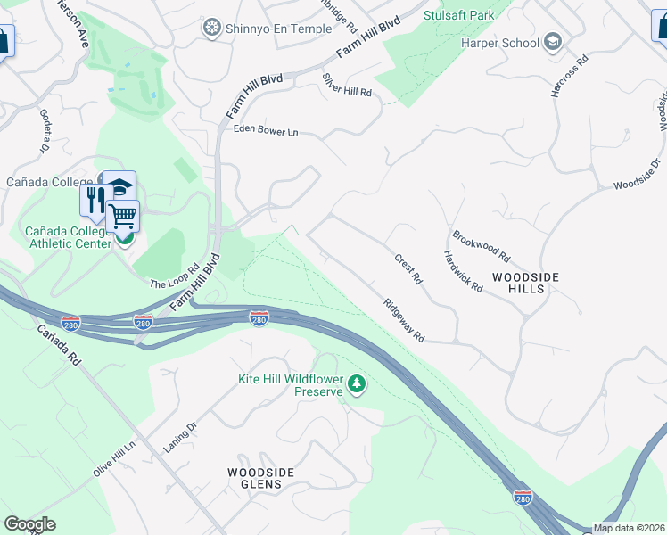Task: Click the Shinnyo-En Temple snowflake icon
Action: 211,29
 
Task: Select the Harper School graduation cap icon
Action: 552,42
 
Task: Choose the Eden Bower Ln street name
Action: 265,130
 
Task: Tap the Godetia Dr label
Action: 46,131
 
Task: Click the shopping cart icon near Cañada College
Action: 123,216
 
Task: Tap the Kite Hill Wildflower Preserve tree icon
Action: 357,384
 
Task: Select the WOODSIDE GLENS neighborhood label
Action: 254,478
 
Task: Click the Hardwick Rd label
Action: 463,271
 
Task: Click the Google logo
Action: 29,523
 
